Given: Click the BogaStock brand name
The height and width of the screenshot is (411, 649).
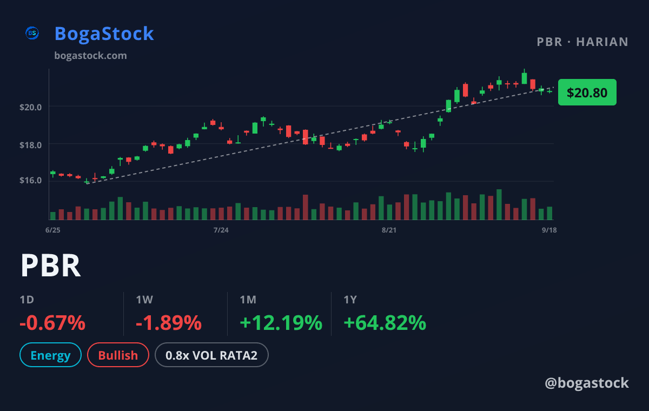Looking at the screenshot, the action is [x=104, y=34].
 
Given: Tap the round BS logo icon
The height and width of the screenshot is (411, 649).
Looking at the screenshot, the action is [x=32, y=33].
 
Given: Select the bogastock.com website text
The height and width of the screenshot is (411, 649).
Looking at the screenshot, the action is [x=90, y=56].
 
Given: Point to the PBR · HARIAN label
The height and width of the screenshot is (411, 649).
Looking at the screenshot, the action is [x=582, y=42].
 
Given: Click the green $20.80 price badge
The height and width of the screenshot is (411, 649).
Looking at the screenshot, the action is [x=587, y=92].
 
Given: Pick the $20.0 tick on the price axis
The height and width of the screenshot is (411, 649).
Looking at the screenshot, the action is [x=30, y=108].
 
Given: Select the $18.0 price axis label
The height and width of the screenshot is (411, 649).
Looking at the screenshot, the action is [x=30, y=145].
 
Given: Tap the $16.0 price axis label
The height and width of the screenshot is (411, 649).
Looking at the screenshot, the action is [x=30, y=181].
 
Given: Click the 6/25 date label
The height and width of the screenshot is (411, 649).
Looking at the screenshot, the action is [x=53, y=230].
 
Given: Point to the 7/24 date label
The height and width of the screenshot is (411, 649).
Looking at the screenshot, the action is [x=221, y=230].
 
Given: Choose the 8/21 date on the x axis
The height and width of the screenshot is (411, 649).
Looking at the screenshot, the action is [x=389, y=230].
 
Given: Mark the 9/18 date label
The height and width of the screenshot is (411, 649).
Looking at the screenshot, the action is [x=549, y=230].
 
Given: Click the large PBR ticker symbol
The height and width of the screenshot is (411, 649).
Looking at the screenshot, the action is [x=51, y=266].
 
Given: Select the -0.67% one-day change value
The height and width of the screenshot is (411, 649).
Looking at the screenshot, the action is [x=52, y=323].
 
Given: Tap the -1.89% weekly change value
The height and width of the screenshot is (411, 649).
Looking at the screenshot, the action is [x=169, y=323].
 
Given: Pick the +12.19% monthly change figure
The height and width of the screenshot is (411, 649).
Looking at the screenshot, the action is [x=281, y=323].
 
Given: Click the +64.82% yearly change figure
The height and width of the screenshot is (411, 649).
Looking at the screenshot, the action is [x=385, y=323].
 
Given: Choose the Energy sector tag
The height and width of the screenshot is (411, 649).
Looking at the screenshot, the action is [x=50, y=355].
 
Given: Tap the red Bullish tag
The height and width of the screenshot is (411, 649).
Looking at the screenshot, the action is [x=118, y=355].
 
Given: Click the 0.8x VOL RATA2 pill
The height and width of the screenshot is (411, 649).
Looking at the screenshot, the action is [x=211, y=355].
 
